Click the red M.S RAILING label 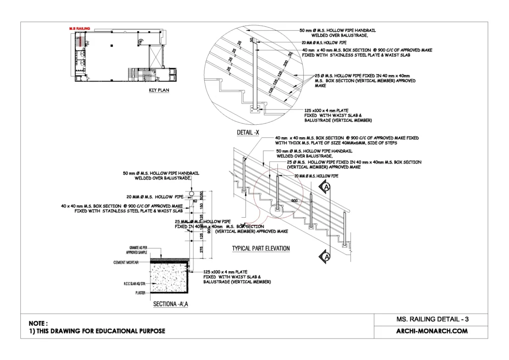pyautogui.click(x=80, y=29)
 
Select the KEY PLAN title pyautogui.click(x=160, y=91)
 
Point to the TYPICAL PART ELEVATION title pyautogui.click(x=261, y=248)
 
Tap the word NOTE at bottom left pyautogui.click(x=38, y=323)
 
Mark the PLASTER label pyautogui.click(x=140, y=293)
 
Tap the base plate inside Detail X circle pyautogui.click(x=256, y=108)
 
